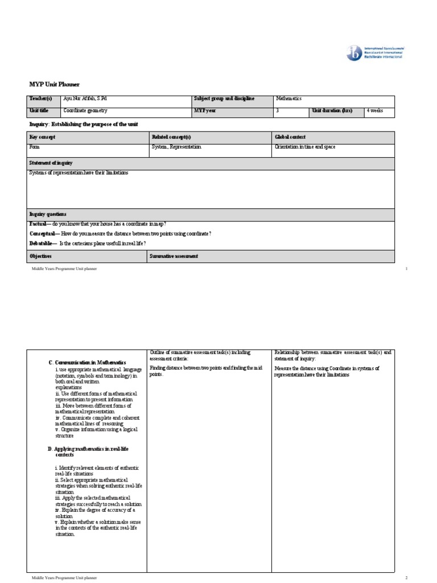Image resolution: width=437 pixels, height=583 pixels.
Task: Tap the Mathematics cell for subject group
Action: pos(288,99)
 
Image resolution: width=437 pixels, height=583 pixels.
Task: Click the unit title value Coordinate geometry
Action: pos(85,111)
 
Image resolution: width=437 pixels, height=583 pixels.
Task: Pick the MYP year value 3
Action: pos(277,111)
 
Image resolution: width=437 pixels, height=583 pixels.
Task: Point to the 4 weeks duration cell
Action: pos(375,111)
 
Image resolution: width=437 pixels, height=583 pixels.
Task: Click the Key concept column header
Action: pos(42,137)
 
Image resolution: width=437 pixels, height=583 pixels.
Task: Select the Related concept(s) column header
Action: pos(171,137)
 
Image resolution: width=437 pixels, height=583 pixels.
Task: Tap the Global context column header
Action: pos(290,137)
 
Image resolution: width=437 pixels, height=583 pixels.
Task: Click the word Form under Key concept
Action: pos(35,147)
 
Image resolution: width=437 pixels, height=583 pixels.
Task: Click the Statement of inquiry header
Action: pos(51,163)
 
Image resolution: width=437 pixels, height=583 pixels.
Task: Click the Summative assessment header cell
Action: pos(174,257)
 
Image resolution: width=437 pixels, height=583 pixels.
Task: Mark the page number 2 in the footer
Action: pos(407,578)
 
